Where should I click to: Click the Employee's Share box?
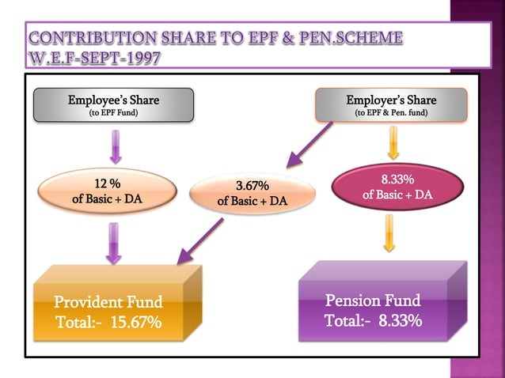point(114,105)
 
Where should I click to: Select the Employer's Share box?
point(391,105)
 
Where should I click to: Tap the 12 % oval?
point(107,192)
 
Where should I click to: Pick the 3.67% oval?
point(252,193)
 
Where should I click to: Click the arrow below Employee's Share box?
point(114,144)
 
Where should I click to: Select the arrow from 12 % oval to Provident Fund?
point(114,240)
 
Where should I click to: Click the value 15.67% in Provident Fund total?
point(136,323)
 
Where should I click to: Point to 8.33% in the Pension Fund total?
point(399,321)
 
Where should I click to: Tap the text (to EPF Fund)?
point(114,112)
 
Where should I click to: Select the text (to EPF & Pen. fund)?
point(391,112)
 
